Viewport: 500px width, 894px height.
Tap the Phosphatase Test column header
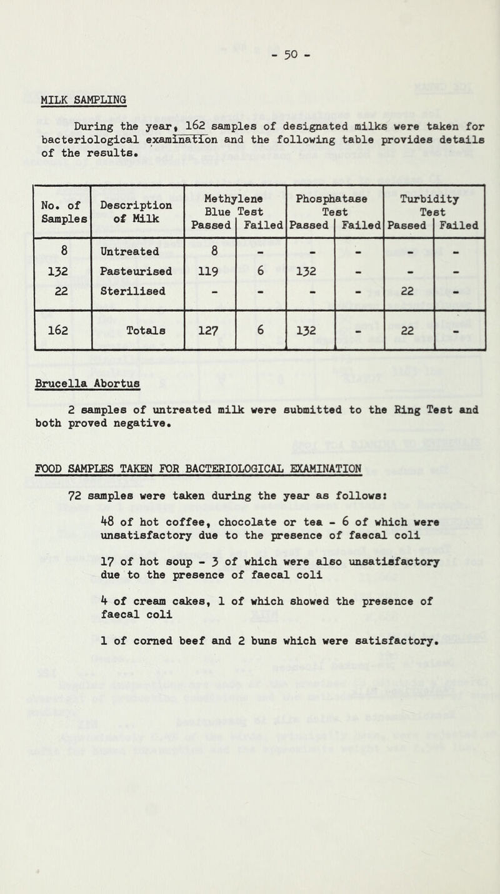pos(335,200)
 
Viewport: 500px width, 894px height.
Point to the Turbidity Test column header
pos(435,200)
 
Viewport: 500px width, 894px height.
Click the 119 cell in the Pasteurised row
pos(210,273)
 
